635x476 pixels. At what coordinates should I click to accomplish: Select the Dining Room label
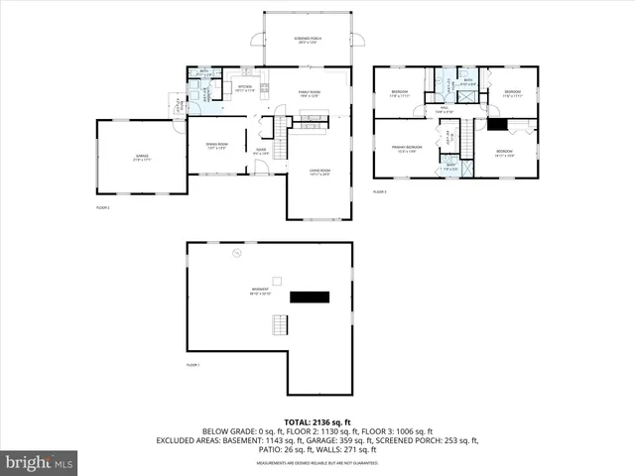coord(216,146)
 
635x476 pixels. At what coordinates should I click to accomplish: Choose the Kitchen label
coord(244,88)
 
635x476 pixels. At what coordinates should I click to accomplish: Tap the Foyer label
coord(261,153)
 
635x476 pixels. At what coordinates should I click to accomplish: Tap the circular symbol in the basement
coord(236,254)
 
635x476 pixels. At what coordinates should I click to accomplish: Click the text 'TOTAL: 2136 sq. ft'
coord(317,421)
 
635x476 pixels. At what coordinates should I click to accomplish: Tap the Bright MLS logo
coord(39,462)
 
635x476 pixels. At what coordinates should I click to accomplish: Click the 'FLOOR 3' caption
coord(380,191)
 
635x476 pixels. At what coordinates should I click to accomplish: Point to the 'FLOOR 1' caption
coord(193,366)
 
